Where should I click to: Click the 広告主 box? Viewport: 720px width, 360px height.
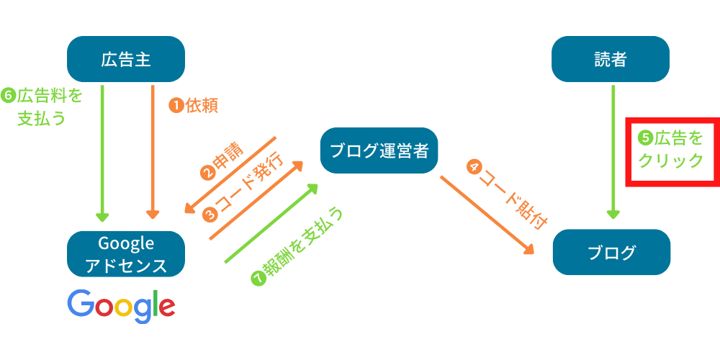126,59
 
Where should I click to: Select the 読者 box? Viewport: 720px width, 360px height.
611,59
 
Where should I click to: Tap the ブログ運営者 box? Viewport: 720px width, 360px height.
379,150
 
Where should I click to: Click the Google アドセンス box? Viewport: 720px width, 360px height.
126,253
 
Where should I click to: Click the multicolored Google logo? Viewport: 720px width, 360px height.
121,306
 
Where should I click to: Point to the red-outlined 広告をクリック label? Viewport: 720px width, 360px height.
671,150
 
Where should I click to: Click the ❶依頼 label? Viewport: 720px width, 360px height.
193,106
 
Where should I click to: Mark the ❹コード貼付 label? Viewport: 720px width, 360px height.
504,194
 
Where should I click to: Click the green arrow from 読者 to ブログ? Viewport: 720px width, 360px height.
612,151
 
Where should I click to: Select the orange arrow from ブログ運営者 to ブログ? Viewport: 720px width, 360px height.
486,213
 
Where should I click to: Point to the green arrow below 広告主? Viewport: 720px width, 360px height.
102,151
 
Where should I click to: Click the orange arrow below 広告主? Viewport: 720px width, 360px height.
153,151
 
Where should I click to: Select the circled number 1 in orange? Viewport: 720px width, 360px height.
176,106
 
